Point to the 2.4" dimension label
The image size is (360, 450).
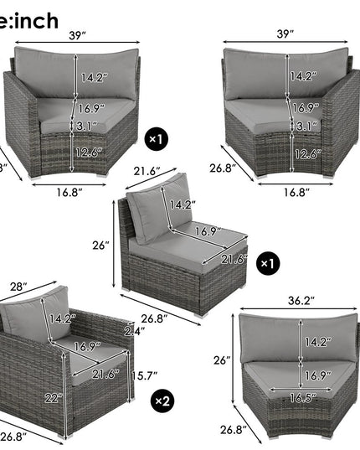coord(130,330)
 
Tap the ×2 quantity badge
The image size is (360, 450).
coord(162,401)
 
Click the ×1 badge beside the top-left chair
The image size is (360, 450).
coord(157,135)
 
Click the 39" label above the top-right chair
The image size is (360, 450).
coord(286,34)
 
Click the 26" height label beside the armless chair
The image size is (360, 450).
coord(101,246)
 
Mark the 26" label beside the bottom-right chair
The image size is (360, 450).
coord(222,360)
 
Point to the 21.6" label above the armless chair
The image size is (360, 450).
coord(147,171)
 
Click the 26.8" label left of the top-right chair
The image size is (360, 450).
coord(220,168)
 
